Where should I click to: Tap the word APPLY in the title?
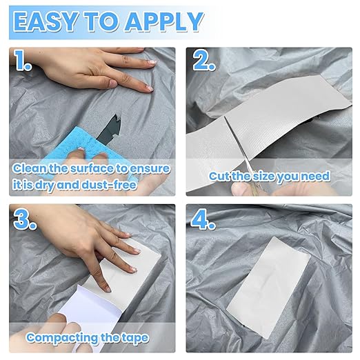[164, 21]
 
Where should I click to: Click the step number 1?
[22, 60]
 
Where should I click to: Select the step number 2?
[204, 60]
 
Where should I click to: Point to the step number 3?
[25, 219]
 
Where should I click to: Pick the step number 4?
[203, 219]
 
